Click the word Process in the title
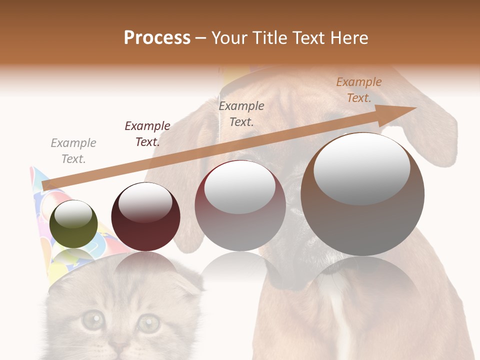point(157,38)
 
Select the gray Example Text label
point(73,151)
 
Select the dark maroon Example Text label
point(147,134)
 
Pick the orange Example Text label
point(359,90)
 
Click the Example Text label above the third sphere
point(241,113)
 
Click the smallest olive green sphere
point(74,224)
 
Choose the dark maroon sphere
point(145,216)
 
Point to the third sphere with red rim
point(240,205)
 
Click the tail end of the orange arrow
point(44,186)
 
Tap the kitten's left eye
point(93,320)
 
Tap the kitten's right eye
point(148,322)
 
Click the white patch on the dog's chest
point(340,320)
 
